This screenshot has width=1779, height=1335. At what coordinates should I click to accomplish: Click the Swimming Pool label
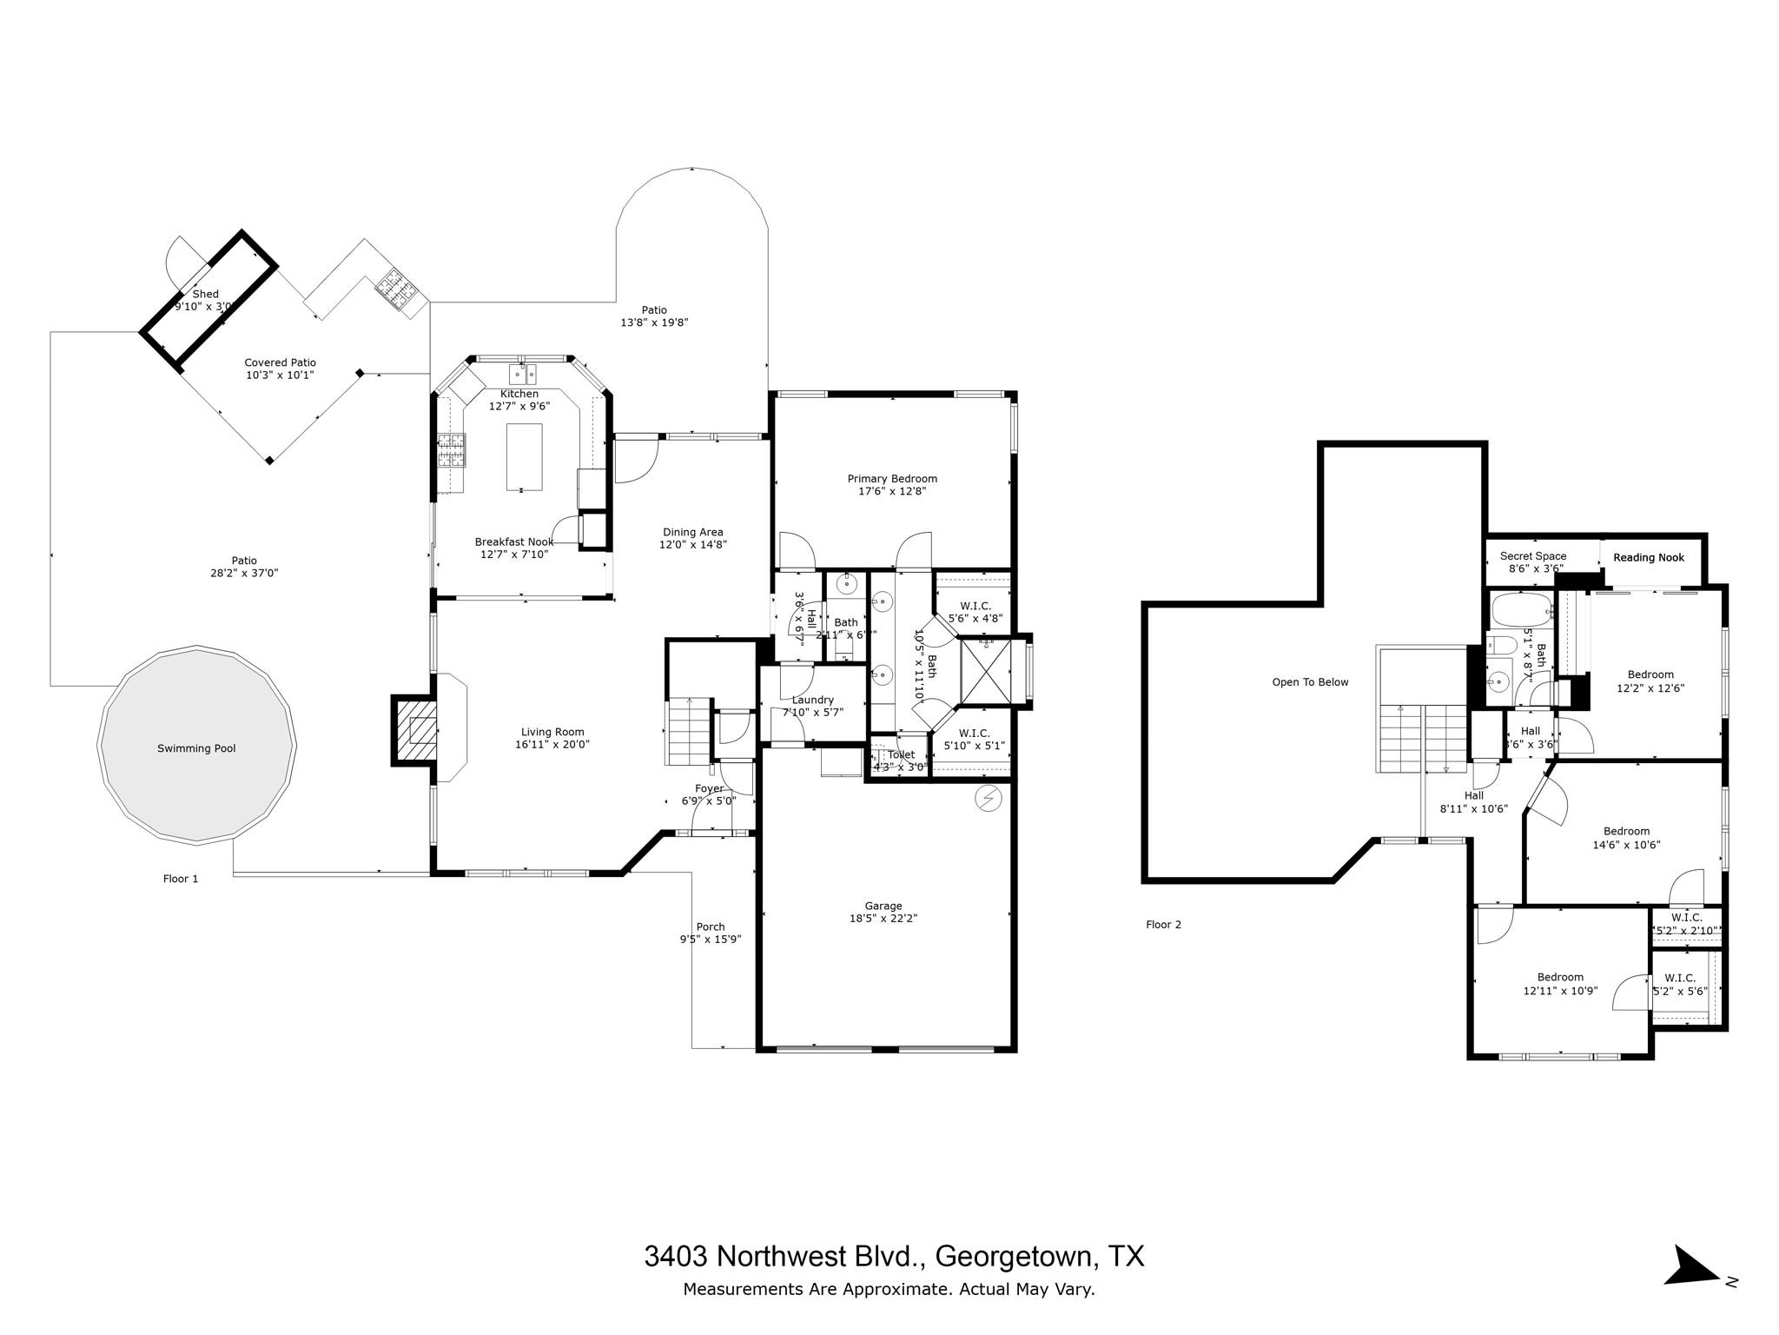click(x=196, y=748)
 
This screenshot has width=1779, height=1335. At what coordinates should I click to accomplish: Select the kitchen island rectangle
click(x=524, y=456)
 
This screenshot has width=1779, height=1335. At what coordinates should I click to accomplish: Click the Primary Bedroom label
click(x=892, y=478)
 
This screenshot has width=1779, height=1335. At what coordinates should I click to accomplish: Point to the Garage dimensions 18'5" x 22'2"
click(x=883, y=918)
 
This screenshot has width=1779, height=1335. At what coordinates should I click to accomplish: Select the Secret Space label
click(x=1533, y=556)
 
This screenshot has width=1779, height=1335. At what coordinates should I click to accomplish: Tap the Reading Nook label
click(x=1649, y=557)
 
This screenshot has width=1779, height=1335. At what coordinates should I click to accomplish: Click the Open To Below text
click(x=1310, y=682)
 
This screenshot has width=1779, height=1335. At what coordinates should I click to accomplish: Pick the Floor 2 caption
click(x=1163, y=925)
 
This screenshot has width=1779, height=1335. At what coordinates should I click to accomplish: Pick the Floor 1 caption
click(x=181, y=879)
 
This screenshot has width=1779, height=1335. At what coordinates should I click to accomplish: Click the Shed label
click(x=206, y=294)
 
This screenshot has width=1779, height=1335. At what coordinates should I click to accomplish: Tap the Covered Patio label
click(x=280, y=362)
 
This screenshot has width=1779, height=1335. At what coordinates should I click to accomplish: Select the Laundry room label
click(x=813, y=700)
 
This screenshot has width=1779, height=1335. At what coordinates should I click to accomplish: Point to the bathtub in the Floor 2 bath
click(x=1521, y=611)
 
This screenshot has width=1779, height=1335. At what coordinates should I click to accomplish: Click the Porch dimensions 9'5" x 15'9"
click(x=711, y=939)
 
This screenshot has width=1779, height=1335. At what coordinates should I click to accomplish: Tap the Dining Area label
click(x=692, y=532)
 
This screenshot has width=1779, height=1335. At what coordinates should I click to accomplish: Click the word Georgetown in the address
click(x=1011, y=1256)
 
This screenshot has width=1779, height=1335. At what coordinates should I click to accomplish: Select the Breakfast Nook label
click(x=513, y=541)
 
